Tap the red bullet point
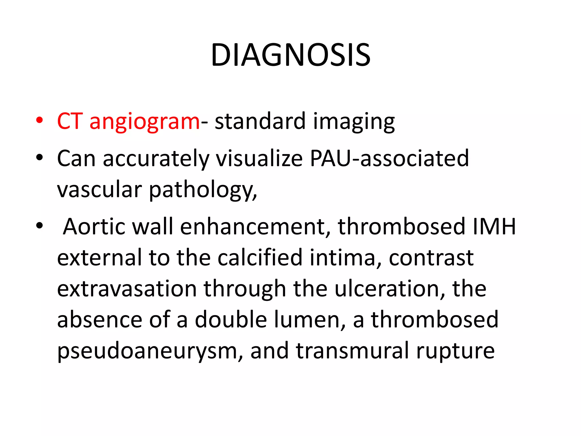click(39, 120)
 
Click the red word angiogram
click(145, 122)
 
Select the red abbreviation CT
click(70, 121)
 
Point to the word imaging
click(354, 122)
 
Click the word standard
click(260, 121)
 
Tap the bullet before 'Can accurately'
click(39, 157)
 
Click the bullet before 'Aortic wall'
click(39, 226)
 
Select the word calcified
click(260, 257)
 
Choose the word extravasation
click(127, 289)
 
